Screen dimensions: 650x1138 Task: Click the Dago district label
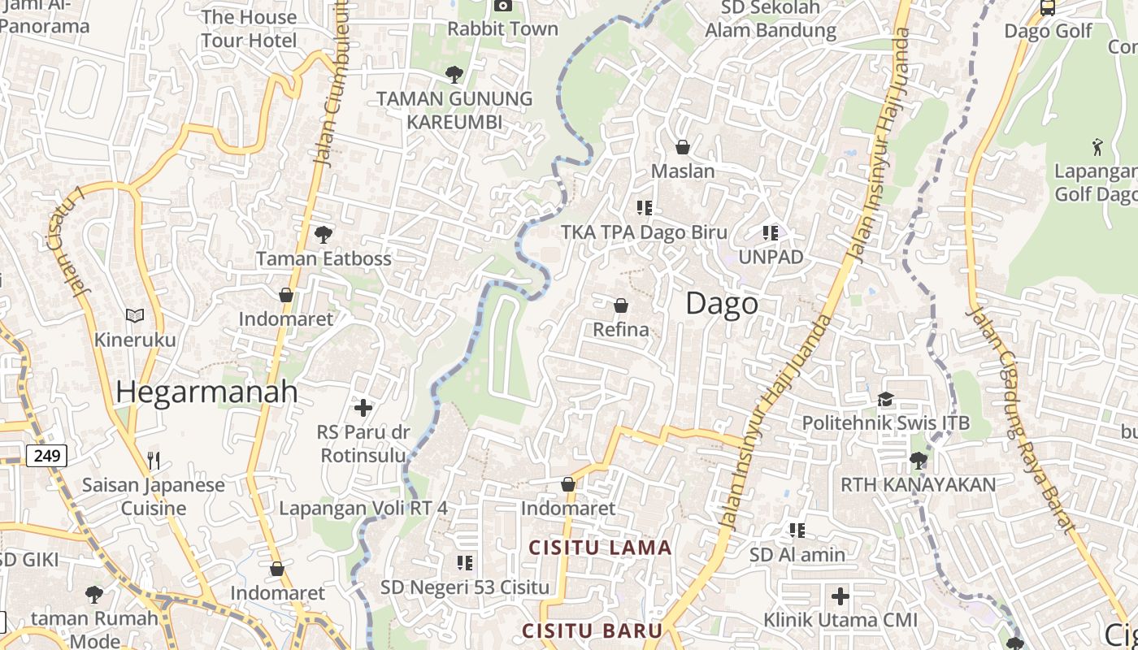722,303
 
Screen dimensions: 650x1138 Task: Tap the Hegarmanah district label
206,392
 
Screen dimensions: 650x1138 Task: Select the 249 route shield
47,456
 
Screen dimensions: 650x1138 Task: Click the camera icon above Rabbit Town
503,6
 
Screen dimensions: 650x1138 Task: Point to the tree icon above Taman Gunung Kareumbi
454,75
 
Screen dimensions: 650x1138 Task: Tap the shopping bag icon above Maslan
683,147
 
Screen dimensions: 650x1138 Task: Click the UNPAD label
771,257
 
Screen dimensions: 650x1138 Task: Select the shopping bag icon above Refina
621,305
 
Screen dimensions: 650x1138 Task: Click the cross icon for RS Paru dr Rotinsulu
363,407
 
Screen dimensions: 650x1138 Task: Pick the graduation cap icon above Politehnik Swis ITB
885,399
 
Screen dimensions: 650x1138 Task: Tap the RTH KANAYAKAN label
918,485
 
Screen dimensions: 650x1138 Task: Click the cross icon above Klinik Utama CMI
840,596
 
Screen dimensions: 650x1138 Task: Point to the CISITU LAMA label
601,548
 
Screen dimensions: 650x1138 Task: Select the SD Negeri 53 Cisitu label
465,587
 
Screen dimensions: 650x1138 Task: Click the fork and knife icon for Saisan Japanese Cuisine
154,461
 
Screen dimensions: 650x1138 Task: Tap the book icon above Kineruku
135,315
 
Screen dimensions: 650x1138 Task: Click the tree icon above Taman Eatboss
324,235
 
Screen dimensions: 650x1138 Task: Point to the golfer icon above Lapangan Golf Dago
1097,147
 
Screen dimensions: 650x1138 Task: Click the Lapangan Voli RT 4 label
363,509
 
